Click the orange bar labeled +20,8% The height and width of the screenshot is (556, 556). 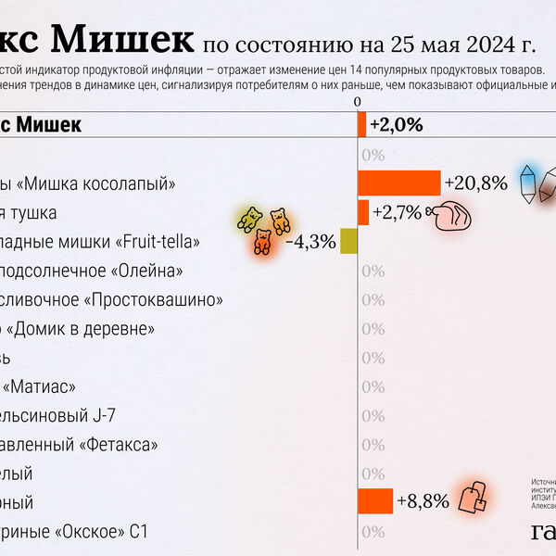pyautogui.click(x=398, y=183)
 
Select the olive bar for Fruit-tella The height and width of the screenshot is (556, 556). pyautogui.click(x=349, y=241)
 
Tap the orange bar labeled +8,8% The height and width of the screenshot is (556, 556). pyautogui.click(x=375, y=501)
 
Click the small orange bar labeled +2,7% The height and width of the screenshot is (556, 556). pyautogui.click(x=363, y=212)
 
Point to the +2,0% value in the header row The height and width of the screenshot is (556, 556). pyautogui.click(x=396, y=124)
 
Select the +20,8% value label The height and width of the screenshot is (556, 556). pyautogui.click(x=475, y=183)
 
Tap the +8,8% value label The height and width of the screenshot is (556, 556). pyautogui.click(x=423, y=502)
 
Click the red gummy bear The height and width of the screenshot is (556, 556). pyautogui.click(x=262, y=243)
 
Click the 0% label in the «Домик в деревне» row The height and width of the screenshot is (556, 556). pyautogui.click(x=373, y=329)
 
